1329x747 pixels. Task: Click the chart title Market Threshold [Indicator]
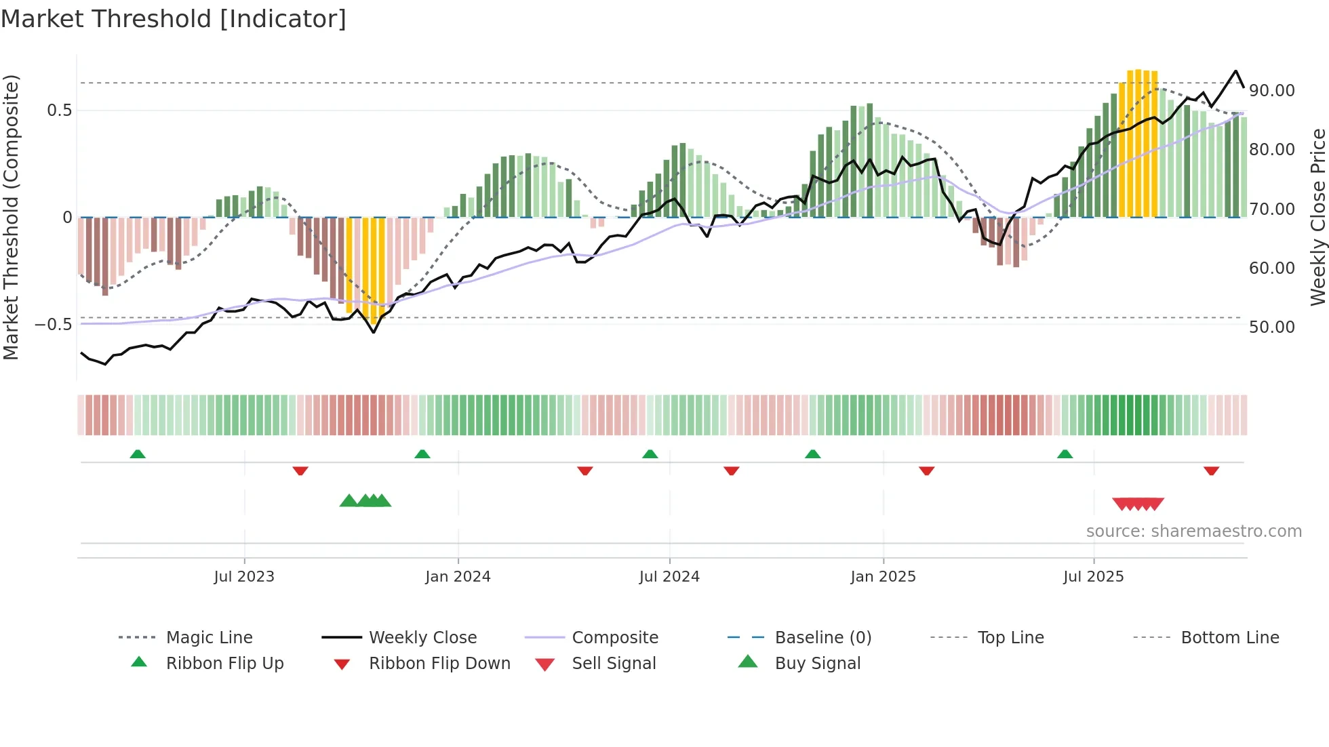click(174, 19)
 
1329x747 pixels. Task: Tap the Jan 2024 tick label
click(458, 577)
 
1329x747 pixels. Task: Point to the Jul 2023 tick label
click(244, 577)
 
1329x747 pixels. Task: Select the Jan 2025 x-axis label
click(883, 577)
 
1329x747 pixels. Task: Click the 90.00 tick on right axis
click(1272, 91)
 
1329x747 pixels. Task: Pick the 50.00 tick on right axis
click(1272, 327)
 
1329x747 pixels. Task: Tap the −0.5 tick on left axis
click(53, 325)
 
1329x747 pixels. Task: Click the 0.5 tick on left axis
click(59, 110)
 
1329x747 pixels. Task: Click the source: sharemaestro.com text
click(1193, 531)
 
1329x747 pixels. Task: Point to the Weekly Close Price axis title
click(1317, 217)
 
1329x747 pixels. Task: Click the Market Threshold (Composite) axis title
click(11, 217)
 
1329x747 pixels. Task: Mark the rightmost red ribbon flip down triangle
click(1212, 470)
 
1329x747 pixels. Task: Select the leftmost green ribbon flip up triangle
click(138, 454)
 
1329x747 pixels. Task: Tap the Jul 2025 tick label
click(1093, 577)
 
